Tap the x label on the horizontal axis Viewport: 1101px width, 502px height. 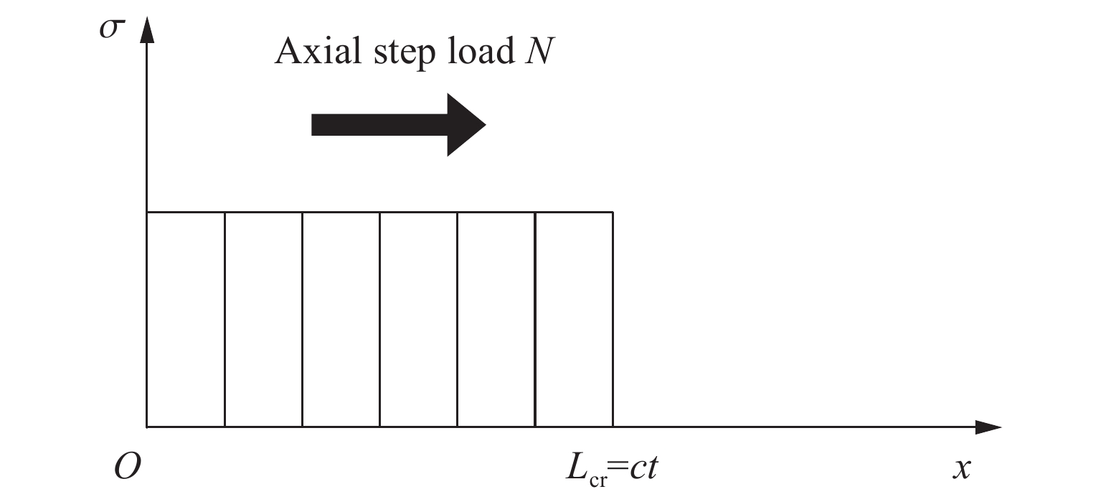[x=961, y=469]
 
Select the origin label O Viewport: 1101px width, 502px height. [x=127, y=468]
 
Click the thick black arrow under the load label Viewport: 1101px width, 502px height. [x=398, y=124]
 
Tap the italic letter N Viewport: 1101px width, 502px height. [x=537, y=52]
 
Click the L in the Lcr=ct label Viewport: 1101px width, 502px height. [x=572, y=468]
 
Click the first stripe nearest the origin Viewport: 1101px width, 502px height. [x=186, y=320]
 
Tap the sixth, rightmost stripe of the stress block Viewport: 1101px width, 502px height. [x=574, y=320]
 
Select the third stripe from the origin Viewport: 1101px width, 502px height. [x=341, y=320]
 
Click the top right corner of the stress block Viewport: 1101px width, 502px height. [x=613, y=212]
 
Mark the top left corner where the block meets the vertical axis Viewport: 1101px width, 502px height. [x=147, y=212]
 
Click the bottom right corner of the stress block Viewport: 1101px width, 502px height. [x=613, y=427]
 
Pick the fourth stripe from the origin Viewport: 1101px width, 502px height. [x=418, y=320]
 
